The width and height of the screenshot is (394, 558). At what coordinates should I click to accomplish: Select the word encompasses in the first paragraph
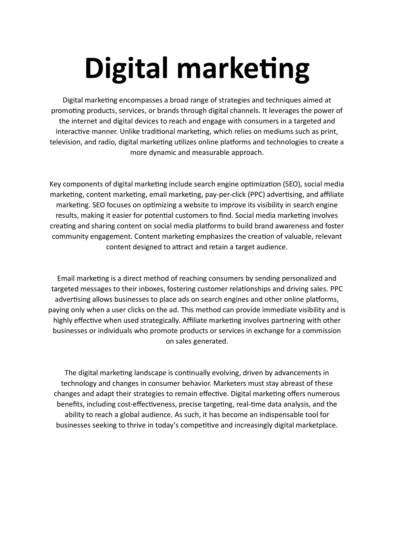pyautogui.click(x=141, y=101)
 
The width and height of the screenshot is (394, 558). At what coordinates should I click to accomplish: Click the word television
pyautogui.click(x=65, y=142)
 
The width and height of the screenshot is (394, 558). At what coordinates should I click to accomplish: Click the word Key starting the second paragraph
pyautogui.click(x=55, y=184)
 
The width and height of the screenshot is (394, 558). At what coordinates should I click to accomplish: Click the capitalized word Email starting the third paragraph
pyautogui.click(x=66, y=279)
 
